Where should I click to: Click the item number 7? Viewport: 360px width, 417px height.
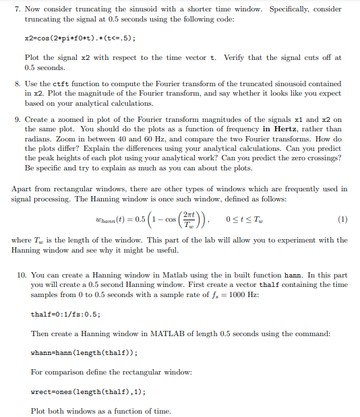[15, 9]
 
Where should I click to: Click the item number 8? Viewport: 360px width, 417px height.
[15, 83]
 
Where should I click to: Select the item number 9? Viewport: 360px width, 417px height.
[15, 119]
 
